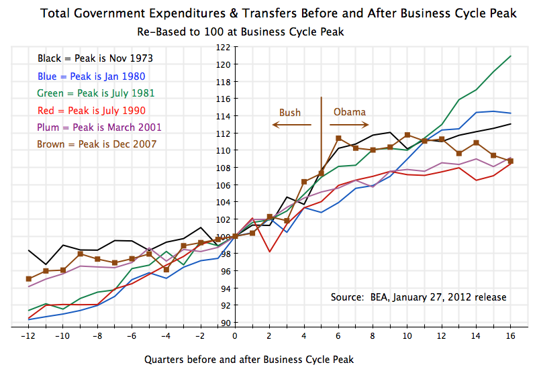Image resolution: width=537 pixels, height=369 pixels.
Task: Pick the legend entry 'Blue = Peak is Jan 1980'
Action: [x=91, y=76]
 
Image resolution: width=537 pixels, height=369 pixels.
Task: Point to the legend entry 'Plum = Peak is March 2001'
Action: [x=99, y=127]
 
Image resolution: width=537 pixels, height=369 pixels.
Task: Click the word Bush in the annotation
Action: [x=290, y=113]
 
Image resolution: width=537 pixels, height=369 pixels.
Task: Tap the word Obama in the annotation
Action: [x=350, y=113]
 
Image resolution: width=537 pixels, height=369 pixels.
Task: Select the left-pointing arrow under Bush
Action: [x=291, y=125]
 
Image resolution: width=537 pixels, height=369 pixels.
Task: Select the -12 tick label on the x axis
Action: [x=28, y=335]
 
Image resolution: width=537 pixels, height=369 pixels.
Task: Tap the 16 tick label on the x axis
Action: [x=511, y=335]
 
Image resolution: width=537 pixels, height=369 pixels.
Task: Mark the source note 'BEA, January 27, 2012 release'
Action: [x=419, y=297]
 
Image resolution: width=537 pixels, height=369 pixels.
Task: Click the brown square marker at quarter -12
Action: [x=29, y=278]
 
